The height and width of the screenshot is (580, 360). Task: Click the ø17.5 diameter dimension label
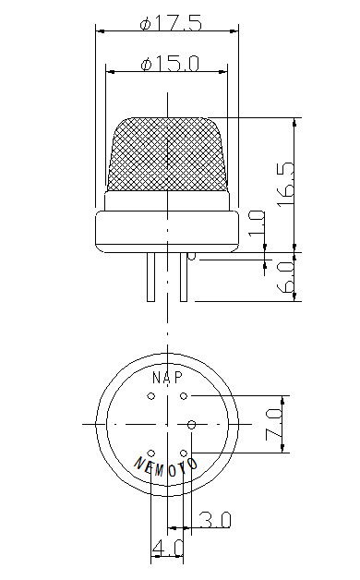tap(171, 23)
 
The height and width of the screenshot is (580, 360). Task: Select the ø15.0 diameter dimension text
tap(170, 63)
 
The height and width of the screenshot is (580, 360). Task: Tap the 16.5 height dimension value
tap(287, 184)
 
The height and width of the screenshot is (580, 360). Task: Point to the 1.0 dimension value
tap(257, 224)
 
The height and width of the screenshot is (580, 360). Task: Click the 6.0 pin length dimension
tap(287, 277)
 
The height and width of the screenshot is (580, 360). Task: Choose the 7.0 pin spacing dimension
tap(274, 424)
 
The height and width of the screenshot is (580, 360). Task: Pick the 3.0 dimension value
tap(215, 520)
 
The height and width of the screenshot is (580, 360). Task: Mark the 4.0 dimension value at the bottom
tap(168, 548)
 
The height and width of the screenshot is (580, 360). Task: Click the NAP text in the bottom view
tap(167, 378)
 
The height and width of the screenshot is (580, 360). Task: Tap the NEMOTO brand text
tap(165, 466)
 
